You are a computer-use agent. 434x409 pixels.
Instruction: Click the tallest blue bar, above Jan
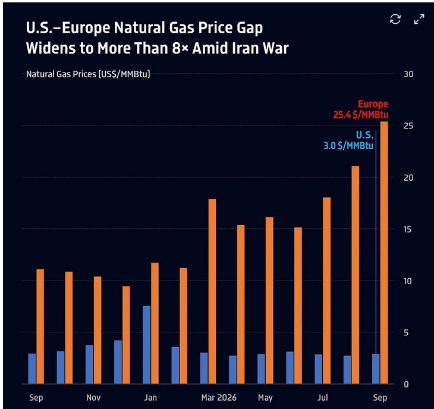[x=146, y=345]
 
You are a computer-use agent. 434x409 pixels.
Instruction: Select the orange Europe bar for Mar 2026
[x=212, y=291]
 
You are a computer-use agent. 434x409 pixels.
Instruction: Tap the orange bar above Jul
[x=326, y=291]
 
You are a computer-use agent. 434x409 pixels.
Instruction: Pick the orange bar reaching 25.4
[x=384, y=253]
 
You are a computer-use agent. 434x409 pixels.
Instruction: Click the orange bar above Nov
[x=98, y=330]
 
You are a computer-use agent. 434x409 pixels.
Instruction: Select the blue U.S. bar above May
[x=261, y=369]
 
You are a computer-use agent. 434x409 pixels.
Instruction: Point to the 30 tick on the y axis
[x=408, y=74]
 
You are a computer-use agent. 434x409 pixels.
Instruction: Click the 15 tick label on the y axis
[x=408, y=229]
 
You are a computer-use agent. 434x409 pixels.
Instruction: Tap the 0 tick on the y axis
[x=406, y=385]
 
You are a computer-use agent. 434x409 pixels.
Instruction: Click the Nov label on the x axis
[x=93, y=398]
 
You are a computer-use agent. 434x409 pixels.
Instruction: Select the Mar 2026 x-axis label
[x=219, y=398]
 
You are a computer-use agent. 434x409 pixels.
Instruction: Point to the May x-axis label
[x=265, y=398]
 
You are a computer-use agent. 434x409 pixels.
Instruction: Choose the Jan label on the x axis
[x=150, y=398]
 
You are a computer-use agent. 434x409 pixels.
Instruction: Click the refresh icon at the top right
[x=395, y=19]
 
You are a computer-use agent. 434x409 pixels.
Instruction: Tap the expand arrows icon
[x=419, y=19]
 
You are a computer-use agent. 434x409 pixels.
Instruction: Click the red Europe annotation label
[x=373, y=104]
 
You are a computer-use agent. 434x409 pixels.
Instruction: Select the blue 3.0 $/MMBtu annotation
[x=348, y=146]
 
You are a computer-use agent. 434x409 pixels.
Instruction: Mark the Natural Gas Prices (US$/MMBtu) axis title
[x=88, y=74]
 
